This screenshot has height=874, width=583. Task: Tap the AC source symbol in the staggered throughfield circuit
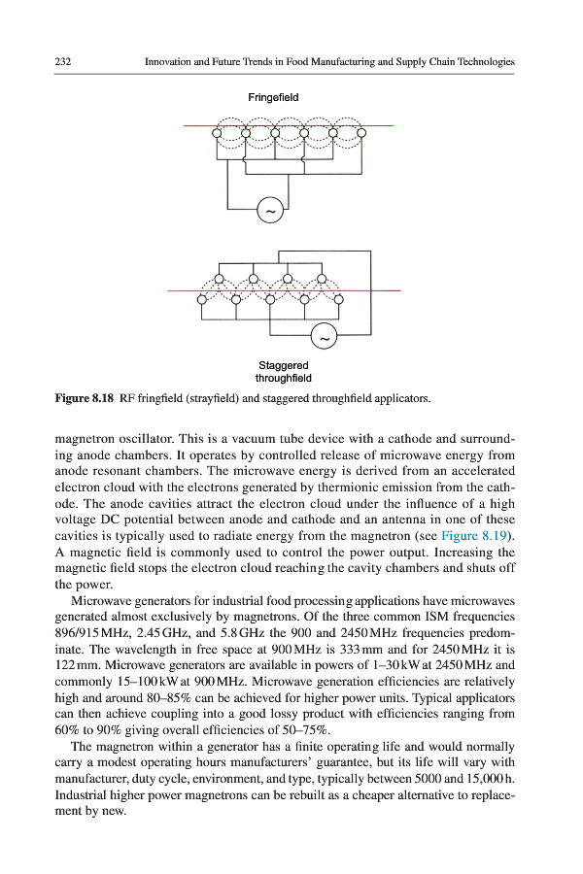(x=323, y=337)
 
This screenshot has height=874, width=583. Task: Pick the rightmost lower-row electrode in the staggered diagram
(x=341, y=299)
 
